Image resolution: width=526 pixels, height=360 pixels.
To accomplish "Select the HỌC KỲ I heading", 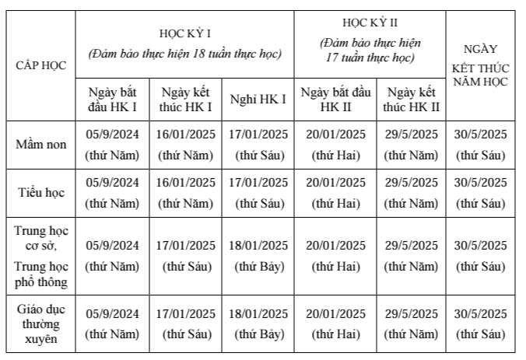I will point(185,33).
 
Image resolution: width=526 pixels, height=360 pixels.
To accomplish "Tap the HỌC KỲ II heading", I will point(370,23).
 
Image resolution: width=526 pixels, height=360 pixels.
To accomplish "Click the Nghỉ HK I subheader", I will point(258,99).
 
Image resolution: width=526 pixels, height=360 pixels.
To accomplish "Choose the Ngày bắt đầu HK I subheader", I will point(113,99).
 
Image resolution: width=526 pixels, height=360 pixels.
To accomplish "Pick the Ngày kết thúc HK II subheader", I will point(412,99).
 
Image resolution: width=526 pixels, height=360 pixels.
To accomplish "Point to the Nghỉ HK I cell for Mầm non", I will point(258,145).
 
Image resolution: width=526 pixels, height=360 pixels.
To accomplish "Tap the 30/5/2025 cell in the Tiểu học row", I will point(481,193).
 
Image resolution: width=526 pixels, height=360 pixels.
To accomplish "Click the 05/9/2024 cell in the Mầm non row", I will point(113,145).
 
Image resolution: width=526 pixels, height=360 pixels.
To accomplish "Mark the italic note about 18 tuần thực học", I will point(185,54).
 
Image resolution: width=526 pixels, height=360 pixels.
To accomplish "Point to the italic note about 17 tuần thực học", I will point(370,50).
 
